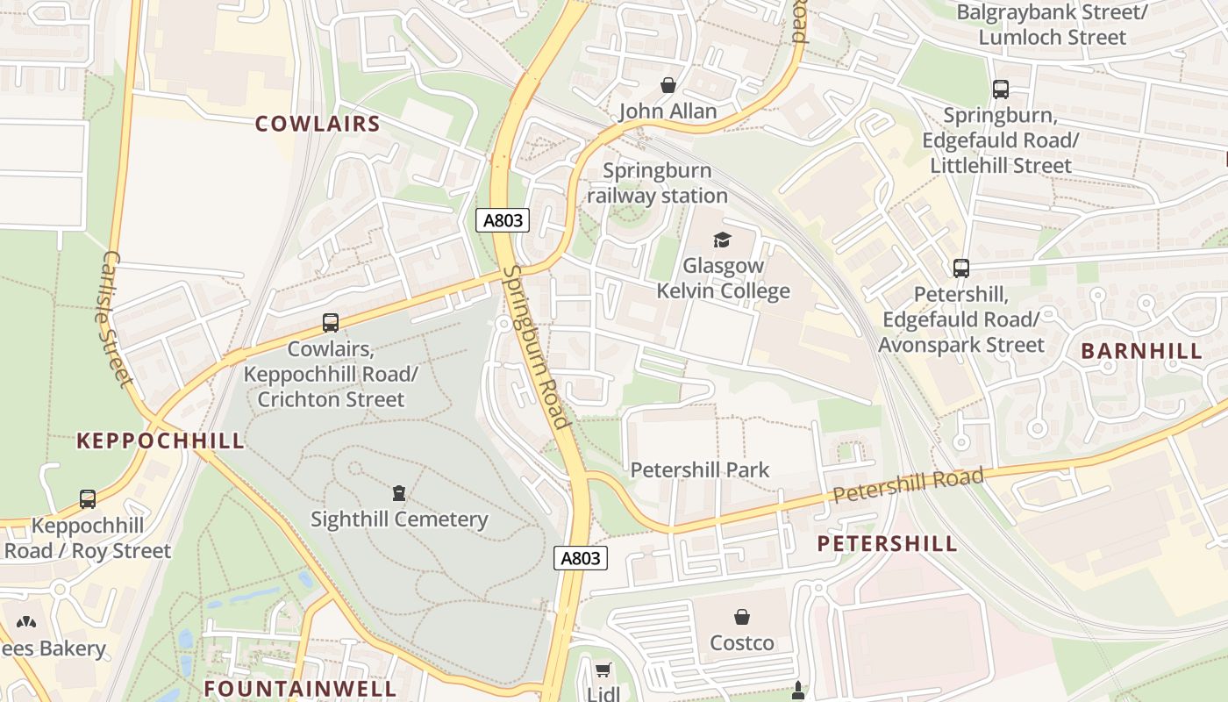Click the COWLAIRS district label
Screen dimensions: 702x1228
[x=318, y=124]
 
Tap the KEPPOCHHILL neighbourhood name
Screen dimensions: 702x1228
[x=160, y=441]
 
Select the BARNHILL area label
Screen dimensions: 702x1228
[x=1141, y=351]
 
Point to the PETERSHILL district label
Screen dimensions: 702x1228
[x=888, y=543]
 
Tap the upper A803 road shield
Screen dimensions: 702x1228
[x=503, y=220]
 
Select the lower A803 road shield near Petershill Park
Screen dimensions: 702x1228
[x=581, y=558]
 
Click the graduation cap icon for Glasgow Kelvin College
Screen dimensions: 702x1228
[x=722, y=240]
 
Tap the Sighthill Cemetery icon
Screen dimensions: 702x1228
[x=399, y=492]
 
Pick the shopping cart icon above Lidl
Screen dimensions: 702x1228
[x=603, y=671]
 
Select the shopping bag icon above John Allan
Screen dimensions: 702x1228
[x=668, y=85]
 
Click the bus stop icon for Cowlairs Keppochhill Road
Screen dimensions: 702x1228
[x=331, y=323]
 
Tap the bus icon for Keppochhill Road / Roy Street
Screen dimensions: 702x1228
[x=88, y=498]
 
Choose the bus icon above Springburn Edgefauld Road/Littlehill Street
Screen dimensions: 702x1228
[x=1001, y=89]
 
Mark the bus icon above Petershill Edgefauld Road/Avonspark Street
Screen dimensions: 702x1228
[x=961, y=269]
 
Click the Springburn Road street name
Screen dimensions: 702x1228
[x=537, y=347]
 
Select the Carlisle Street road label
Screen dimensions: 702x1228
[x=116, y=319]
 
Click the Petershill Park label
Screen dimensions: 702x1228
[x=700, y=469]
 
